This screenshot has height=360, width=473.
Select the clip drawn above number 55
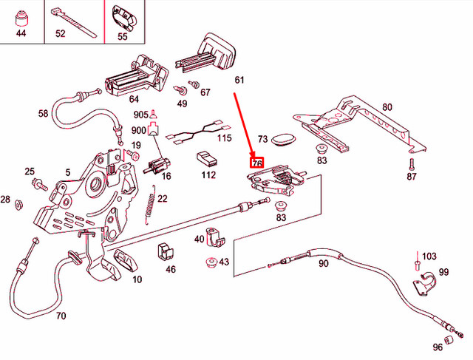123,16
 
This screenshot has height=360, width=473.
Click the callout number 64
134,98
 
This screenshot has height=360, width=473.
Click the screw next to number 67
195,84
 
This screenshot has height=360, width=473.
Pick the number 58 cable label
43,114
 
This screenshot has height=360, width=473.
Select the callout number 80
387,107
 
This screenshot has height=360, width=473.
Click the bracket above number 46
164,252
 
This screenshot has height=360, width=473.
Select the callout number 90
323,264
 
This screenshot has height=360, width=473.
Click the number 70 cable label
61,316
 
